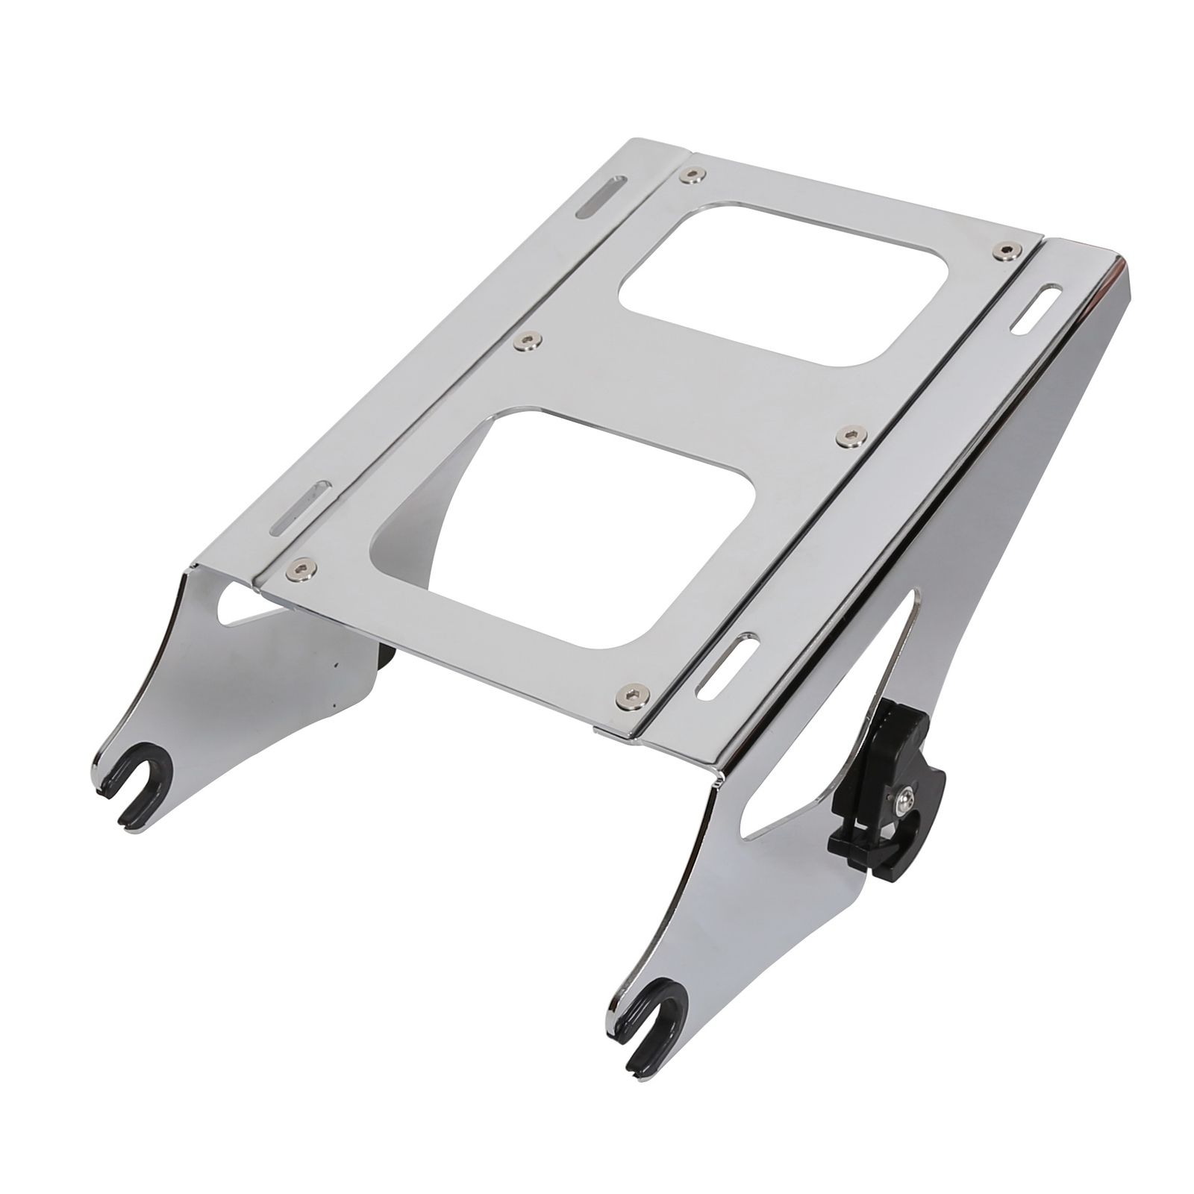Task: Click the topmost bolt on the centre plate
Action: (x=694, y=175)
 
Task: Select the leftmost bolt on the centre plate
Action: (x=303, y=563)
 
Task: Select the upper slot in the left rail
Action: (x=597, y=198)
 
